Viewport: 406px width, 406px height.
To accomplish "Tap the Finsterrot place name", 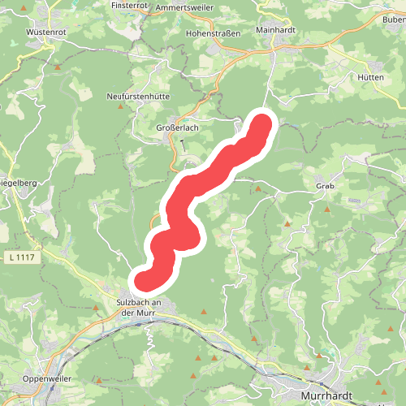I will pos(130,5).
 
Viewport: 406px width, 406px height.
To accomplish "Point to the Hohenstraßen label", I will pos(213,34).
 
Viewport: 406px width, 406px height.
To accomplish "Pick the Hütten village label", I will pos(370,76).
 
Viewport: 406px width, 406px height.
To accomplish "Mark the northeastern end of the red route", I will pos(262,125).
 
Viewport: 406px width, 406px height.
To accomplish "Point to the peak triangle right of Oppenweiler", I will pos(99,379).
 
